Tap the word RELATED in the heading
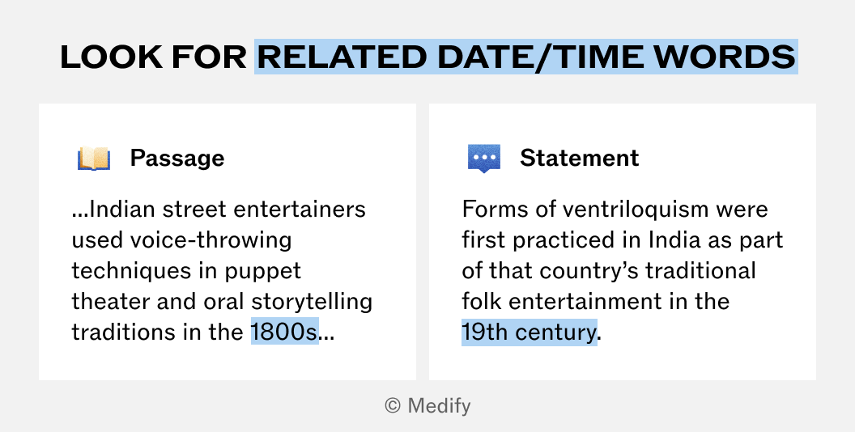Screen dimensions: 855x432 (342, 57)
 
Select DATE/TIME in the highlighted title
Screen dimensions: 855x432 (540, 57)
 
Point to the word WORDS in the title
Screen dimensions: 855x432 (725, 57)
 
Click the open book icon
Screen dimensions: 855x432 (94, 159)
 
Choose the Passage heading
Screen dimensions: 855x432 (177, 159)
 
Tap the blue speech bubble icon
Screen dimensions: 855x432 (484, 159)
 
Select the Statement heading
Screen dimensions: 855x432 (579, 158)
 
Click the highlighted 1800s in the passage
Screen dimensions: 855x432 (285, 332)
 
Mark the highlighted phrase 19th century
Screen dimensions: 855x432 (529, 332)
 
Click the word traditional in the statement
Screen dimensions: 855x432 (700, 271)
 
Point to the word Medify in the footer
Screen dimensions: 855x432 (439, 406)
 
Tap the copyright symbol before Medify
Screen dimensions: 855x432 (393, 405)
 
